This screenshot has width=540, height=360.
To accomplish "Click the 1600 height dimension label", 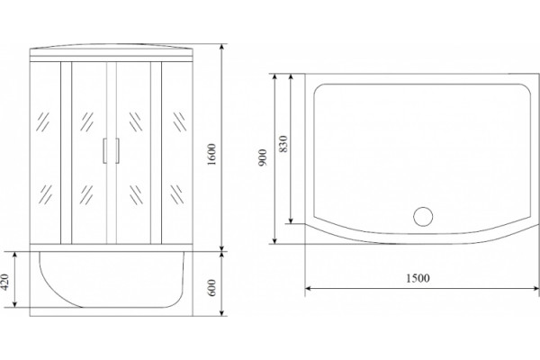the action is point(211,154).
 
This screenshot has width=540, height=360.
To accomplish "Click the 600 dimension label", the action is point(211,287).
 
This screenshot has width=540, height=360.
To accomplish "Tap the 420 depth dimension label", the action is point(4,282).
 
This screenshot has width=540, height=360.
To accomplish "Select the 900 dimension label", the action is point(263,157).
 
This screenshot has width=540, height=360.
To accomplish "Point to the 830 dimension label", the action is point(283,144).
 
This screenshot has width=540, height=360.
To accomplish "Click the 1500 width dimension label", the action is point(418,278).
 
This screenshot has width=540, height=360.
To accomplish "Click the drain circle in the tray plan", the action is point(423,216).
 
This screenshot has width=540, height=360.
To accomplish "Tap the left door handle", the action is point(104,150).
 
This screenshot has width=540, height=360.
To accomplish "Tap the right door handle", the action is point(117,150).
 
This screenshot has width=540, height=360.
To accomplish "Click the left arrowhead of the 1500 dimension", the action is point(308,288).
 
